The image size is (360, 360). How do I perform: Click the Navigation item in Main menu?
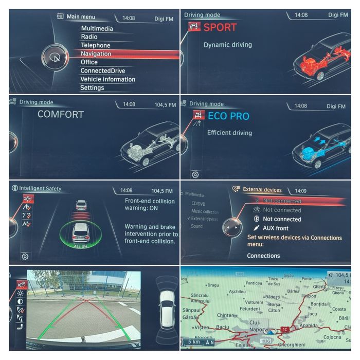[x=96, y=53]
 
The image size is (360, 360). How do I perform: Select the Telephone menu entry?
[x=95, y=45]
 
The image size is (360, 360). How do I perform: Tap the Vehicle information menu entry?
[x=107, y=79]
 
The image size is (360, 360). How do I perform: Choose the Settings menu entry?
[x=92, y=88]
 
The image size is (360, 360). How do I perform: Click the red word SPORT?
[x=220, y=27]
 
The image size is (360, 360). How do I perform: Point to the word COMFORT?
[x=60, y=114]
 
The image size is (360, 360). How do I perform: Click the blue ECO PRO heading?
[x=228, y=117]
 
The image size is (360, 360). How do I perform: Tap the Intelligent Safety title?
[x=40, y=189]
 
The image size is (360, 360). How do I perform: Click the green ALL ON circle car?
[x=81, y=234]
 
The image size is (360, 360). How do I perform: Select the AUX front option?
[x=275, y=228]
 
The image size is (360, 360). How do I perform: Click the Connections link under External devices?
[x=263, y=256]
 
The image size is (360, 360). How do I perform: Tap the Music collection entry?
[x=205, y=211]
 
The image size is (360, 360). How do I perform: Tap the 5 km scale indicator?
[x=194, y=341]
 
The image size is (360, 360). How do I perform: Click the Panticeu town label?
[x=254, y=283]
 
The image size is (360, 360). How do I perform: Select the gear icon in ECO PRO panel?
[x=196, y=174]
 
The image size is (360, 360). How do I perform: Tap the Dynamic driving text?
[x=228, y=45]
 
